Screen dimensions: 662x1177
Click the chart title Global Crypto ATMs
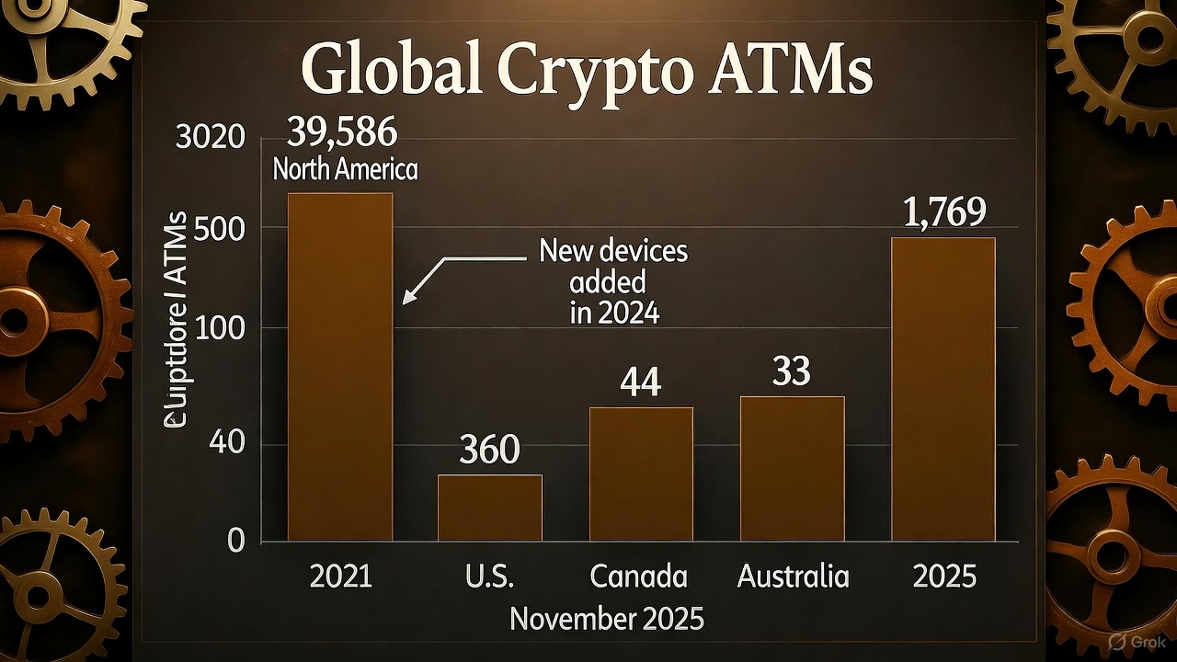(586, 72)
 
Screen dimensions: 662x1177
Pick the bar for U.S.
(489, 507)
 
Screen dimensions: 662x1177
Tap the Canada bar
(640, 473)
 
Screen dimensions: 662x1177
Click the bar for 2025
(943, 388)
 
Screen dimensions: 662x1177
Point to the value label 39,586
(342, 133)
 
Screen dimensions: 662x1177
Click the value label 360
(489, 450)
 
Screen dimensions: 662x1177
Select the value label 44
(640, 382)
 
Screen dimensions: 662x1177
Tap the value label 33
(791, 371)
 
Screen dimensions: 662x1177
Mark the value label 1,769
(944, 211)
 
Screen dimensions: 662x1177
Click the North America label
(345, 170)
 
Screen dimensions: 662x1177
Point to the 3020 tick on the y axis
(211, 140)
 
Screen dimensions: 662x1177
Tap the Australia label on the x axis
(793, 576)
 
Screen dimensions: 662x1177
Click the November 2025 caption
(607, 619)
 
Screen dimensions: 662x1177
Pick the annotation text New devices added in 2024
(613, 281)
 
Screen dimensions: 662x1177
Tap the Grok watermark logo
(1134, 642)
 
